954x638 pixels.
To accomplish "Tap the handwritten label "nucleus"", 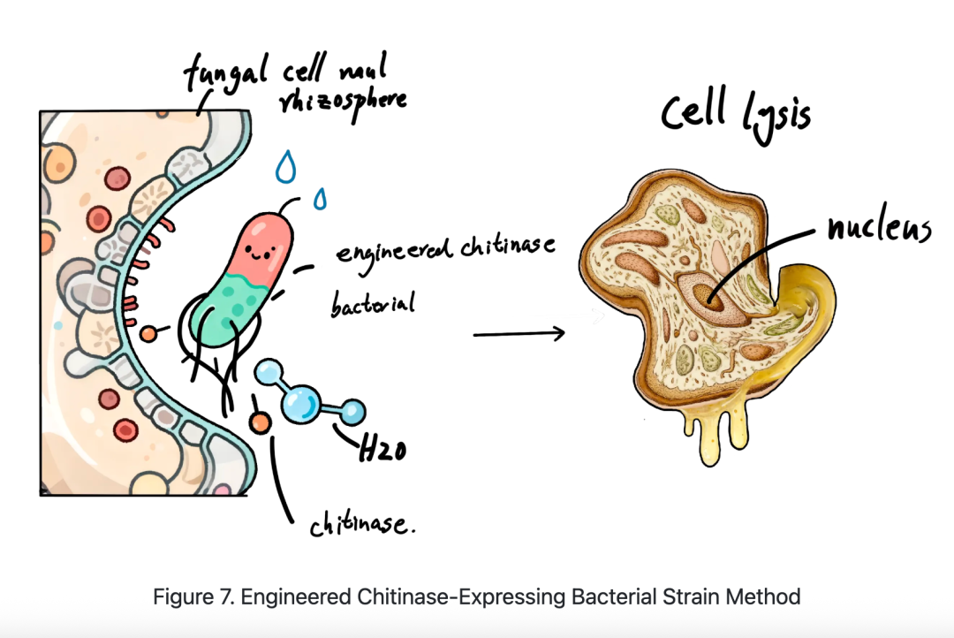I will click(879, 228).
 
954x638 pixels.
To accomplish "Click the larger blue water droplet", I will click(284, 167).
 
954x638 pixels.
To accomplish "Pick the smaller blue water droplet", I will click(319, 200).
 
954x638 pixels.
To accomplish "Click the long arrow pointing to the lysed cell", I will click(519, 333).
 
